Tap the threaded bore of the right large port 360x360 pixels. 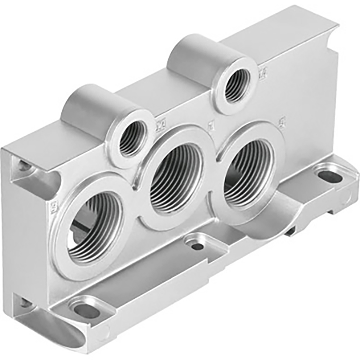(x=248, y=172)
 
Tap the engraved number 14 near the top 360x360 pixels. (x=263, y=75)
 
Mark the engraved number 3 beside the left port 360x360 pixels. (x=54, y=208)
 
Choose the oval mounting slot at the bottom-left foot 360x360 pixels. (x=86, y=310)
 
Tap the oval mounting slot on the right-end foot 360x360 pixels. (x=330, y=176)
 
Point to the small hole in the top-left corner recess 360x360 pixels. (x=25, y=166)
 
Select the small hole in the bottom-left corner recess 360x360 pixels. (x=25, y=303)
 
